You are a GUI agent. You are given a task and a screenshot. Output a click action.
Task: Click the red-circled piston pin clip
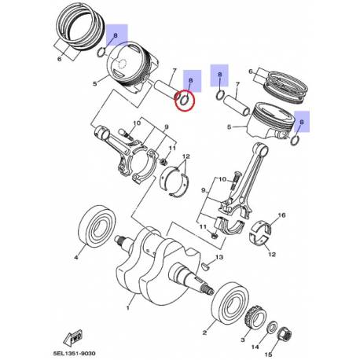(184, 100)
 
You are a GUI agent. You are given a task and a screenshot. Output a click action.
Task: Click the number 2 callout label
(204, 333)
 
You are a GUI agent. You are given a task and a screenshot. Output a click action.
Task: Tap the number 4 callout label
(77, 256)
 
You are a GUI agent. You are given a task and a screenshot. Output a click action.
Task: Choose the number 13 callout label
(221, 258)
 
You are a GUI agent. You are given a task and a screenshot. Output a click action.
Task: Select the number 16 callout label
(281, 215)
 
